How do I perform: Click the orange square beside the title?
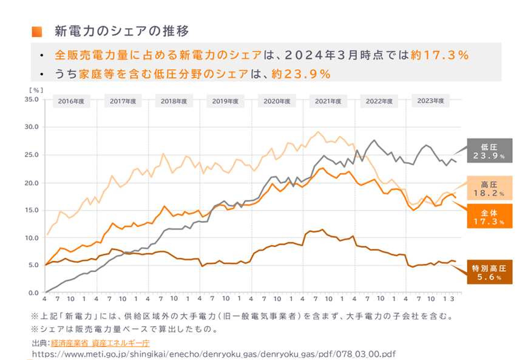[x=36, y=31]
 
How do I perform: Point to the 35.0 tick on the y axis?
[x=31, y=99]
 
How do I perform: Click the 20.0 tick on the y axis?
[x=31, y=183]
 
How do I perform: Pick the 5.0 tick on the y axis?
[x=33, y=266]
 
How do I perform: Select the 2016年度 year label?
[x=72, y=101]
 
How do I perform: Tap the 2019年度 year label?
[x=226, y=101]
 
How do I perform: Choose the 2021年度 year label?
[x=328, y=101]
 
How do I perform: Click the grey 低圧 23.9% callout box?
[x=489, y=151]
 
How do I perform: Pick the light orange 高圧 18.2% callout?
[x=489, y=188]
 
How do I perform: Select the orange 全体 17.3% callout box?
[x=489, y=217]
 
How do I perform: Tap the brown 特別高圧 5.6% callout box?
[x=489, y=272]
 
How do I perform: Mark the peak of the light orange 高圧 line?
[x=318, y=131]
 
